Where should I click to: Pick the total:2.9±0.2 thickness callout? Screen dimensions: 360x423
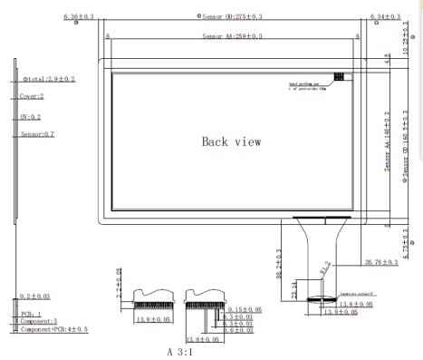[x=48, y=80]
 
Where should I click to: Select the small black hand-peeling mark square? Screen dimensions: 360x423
[x=339, y=77]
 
